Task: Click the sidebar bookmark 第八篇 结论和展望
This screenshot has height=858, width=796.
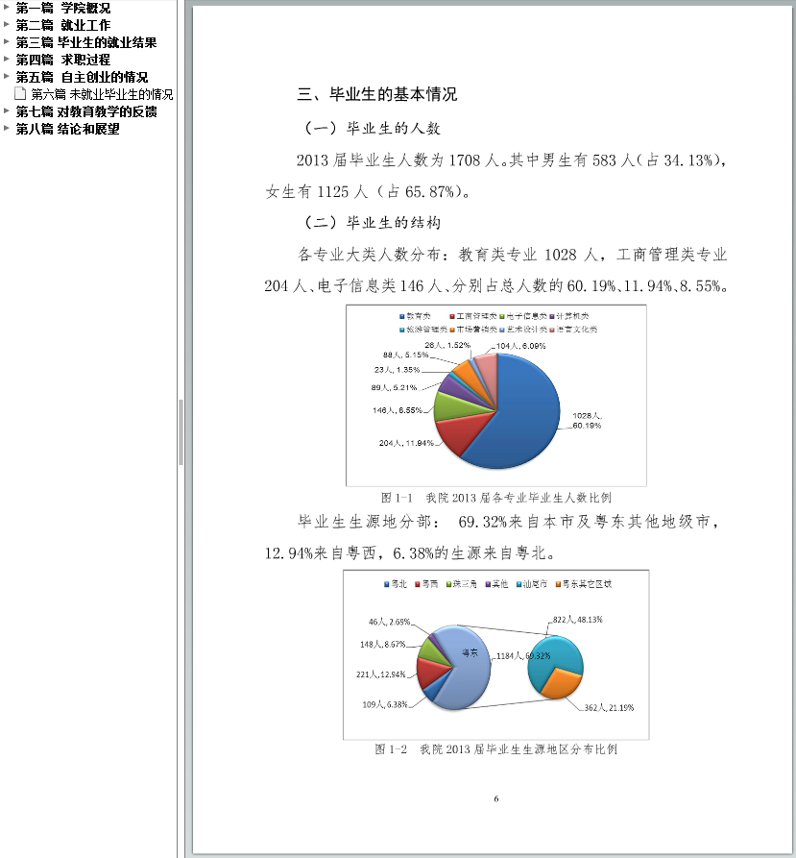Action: [67, 129]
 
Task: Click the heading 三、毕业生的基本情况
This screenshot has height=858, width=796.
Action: [376, 94]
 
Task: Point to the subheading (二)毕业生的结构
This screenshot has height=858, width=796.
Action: [372, 223]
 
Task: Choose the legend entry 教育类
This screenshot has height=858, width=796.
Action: [415, 315]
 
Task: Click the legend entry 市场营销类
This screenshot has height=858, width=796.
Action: [478, 329]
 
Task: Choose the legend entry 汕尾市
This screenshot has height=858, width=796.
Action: [535, 583]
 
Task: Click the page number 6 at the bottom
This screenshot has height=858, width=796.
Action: [495, 798]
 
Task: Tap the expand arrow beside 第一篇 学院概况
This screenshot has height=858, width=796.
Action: [7, 8]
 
